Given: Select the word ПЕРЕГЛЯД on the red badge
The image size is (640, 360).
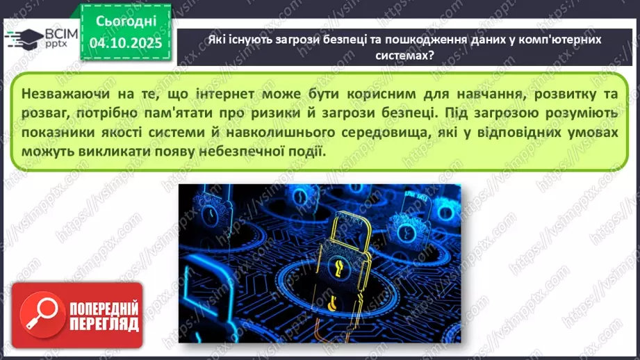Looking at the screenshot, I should [x=104, y=325].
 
